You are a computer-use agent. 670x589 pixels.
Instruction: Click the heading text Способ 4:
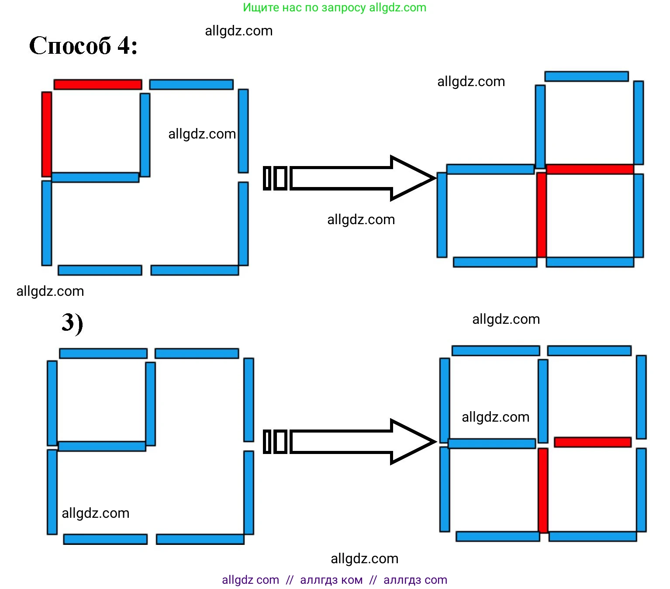click(83, 45)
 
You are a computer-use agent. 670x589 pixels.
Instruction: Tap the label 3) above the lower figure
click(72, 323)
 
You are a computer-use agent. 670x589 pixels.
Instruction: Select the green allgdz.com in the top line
click(397, 8)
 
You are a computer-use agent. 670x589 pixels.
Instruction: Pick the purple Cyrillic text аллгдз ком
click(331, 580)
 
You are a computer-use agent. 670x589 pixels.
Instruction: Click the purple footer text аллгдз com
click(415, 580)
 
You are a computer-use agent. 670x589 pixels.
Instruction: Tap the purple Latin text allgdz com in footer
click(250, 580)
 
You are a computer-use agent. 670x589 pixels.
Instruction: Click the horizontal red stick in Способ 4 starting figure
click(98, 84)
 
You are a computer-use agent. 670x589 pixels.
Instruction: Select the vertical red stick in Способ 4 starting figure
click(47, 134)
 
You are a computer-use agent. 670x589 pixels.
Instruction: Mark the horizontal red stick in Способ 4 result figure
click(590, 169)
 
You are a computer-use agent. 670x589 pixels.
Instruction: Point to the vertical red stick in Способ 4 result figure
click(542, 215)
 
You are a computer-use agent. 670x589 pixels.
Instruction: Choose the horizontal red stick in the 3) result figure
click(593, 442)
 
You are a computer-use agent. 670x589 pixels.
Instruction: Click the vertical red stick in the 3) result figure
click(543, 490)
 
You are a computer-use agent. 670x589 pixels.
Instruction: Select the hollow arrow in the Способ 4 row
click(349, 178)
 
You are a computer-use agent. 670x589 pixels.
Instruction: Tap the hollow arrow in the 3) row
click(349, 441)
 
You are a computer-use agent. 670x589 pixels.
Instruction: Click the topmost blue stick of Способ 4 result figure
click(586, 76)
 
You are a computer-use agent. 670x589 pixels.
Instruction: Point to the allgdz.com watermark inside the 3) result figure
click(495, 417)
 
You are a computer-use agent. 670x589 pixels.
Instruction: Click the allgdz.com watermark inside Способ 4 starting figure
click(202, 134)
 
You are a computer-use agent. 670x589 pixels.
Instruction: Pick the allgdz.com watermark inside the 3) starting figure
click(95, 513)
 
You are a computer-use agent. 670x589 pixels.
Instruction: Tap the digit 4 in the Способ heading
click(124, 45)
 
